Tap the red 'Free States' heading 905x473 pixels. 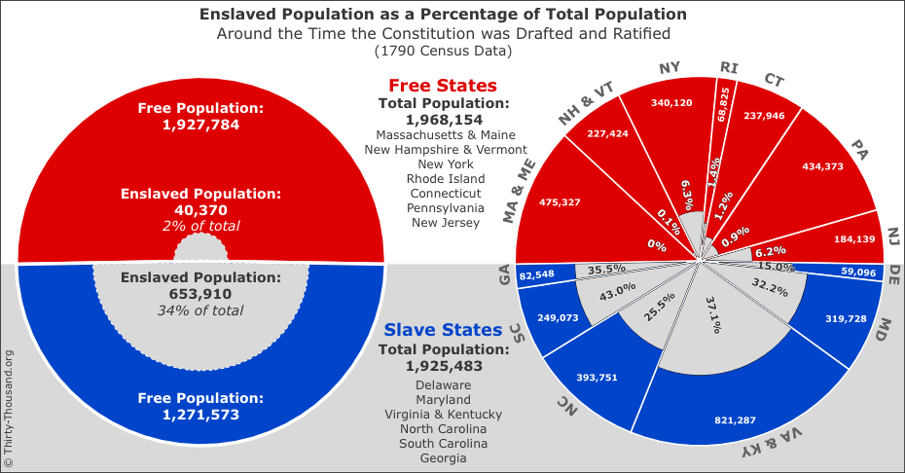click(x=443, y=86)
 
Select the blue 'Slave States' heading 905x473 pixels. click(x=443, y=331)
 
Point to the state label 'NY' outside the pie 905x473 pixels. click(x=669, y=68)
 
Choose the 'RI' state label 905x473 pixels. click(x=729, y=67)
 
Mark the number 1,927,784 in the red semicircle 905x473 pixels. click(x=200, y=125)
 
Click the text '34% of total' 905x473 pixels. click(x=200, y=311)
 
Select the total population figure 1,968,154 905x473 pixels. click(x=443, y=119)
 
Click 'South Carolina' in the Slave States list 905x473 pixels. click(x=443, y=443)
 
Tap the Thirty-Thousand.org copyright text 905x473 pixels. click(x=9, y=409)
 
